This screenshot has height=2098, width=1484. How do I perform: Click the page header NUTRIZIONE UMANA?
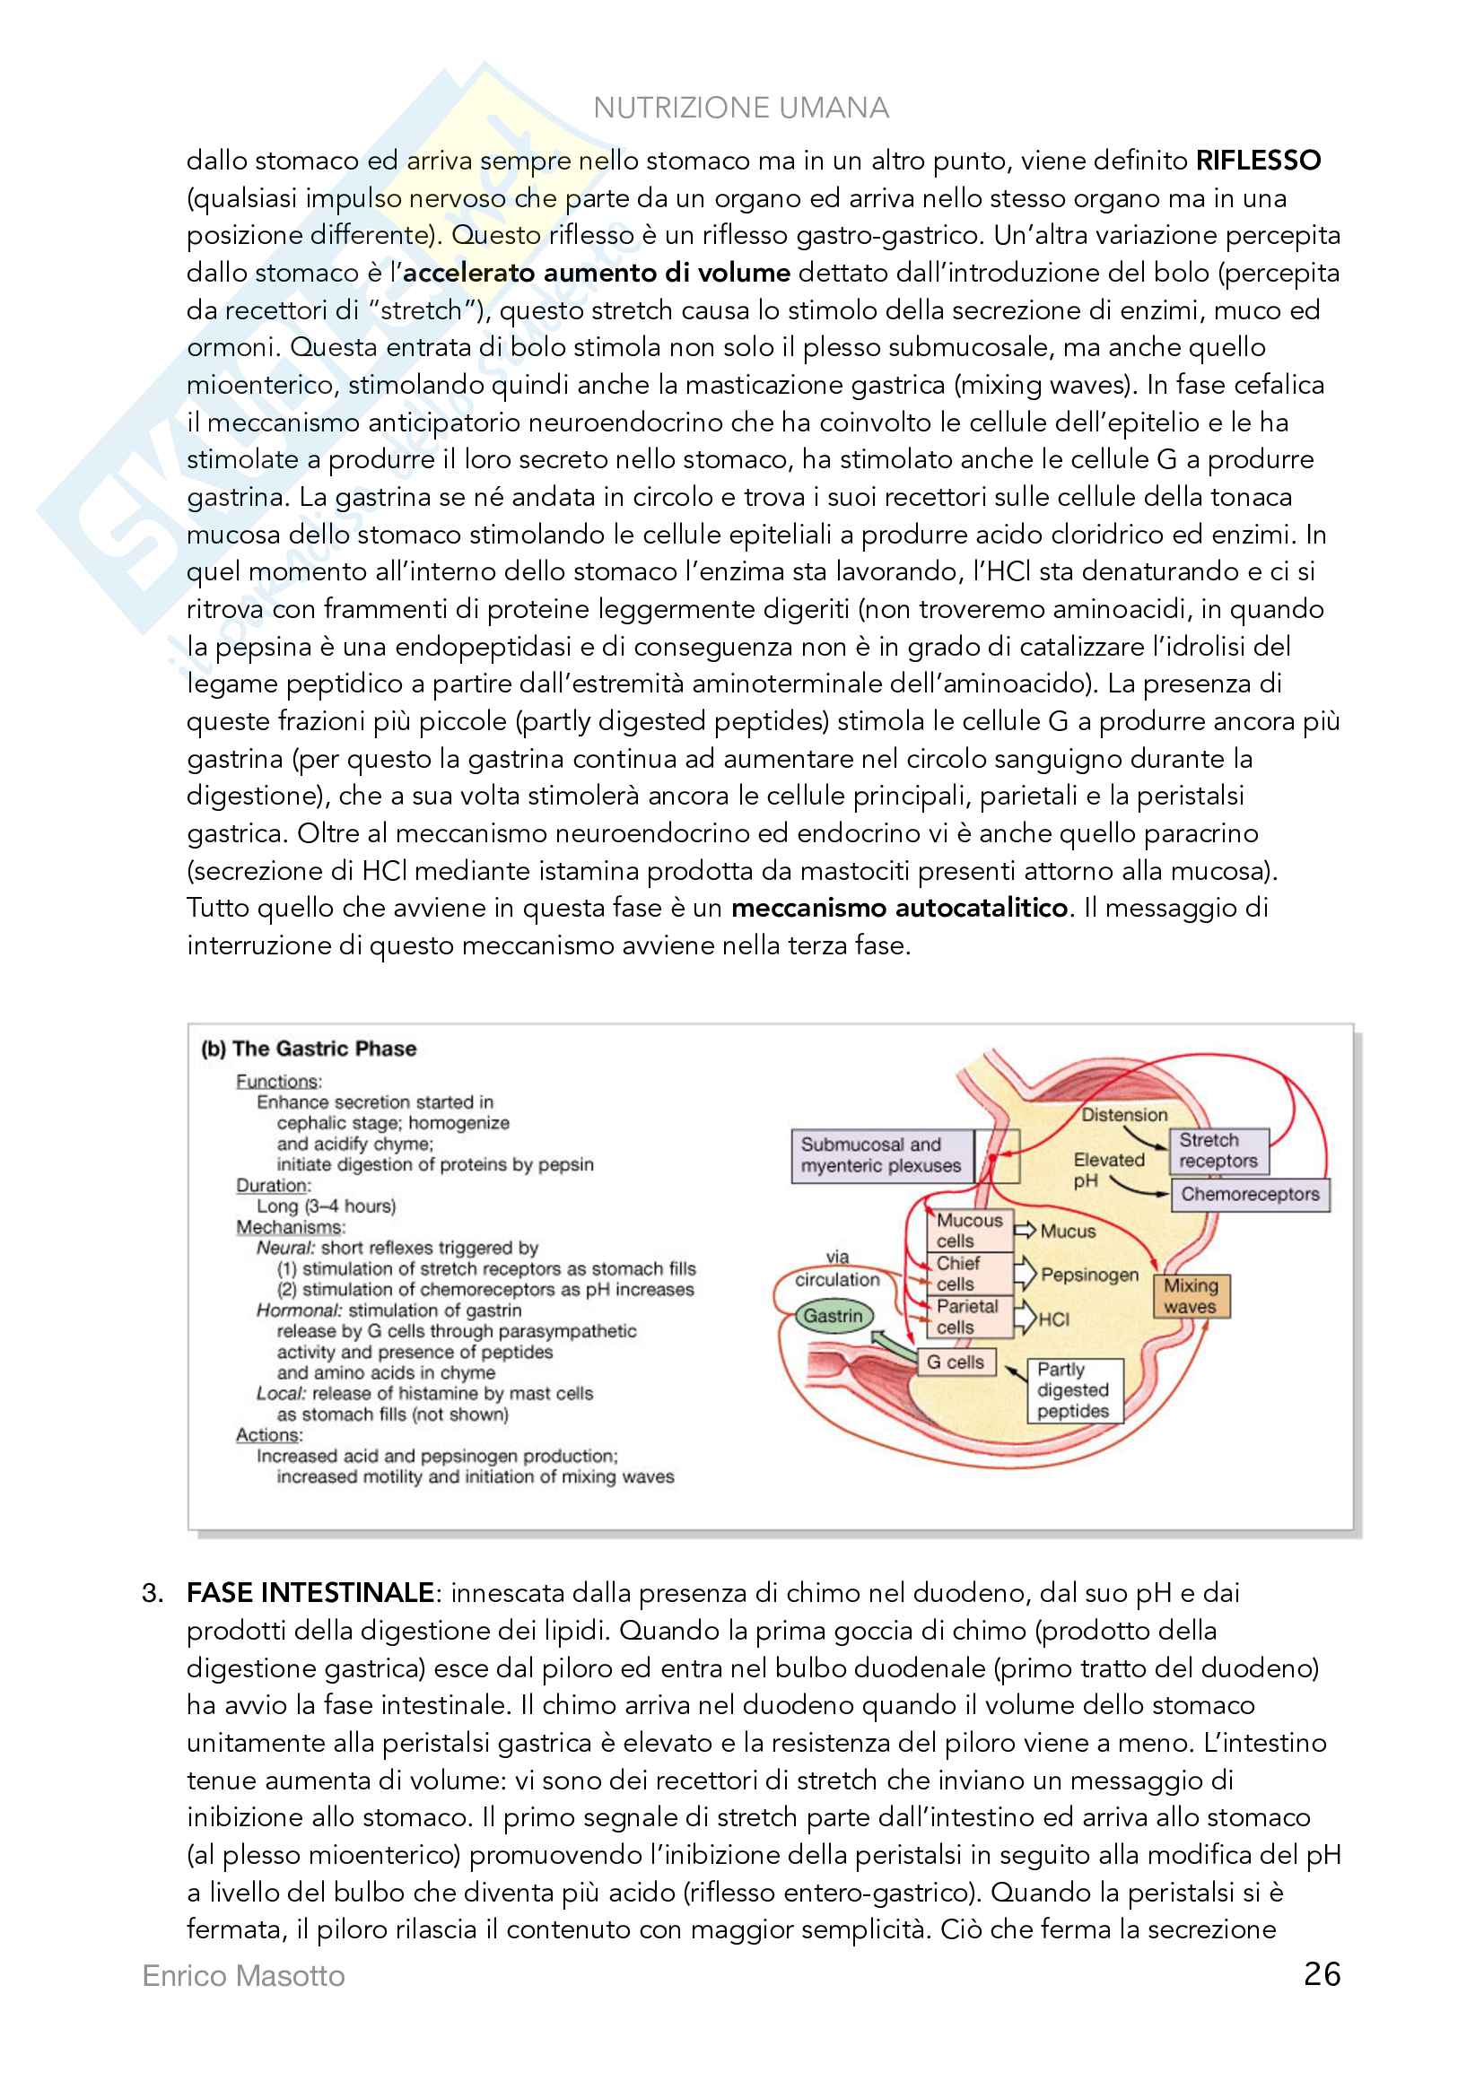(740, 108)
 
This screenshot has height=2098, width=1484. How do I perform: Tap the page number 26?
(1322, 1973)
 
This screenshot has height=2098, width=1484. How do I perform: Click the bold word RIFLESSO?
(1258, 161)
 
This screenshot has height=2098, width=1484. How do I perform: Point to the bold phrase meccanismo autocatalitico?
(899, 908)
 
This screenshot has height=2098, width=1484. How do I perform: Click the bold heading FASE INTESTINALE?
(310, 1593)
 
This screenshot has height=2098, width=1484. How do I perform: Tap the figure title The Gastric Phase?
(324, 1049)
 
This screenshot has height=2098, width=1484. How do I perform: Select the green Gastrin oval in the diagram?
(833, 1316)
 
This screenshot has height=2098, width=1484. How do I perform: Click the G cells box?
(955, 1362)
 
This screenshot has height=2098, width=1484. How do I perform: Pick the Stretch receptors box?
(1218, 1151)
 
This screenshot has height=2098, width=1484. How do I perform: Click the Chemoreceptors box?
(1249, 1193)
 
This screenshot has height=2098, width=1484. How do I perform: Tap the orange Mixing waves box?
(1191, 1296)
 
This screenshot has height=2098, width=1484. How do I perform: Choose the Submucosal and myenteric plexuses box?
(881, 1155)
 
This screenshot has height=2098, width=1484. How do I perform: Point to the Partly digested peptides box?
(1073, 1389)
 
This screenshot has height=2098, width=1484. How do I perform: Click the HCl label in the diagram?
(1053, 1319)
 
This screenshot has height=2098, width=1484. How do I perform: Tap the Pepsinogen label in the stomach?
(1089, 1274)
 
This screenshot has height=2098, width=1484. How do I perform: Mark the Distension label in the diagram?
(1124, 1115)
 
